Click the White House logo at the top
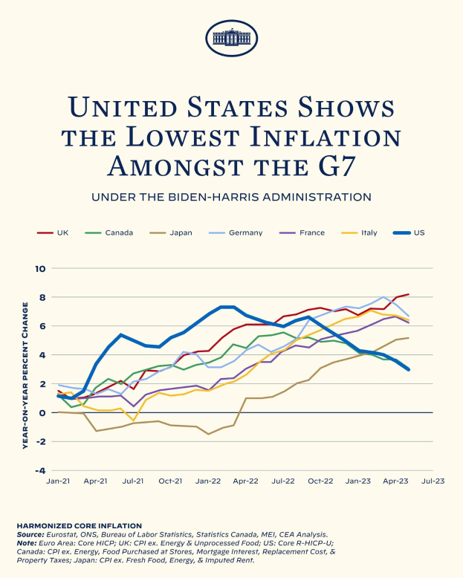tap(231, 37)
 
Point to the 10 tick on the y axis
tap(40, 269)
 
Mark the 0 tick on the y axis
tap(42, 413)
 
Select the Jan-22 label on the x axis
tap(207, 481)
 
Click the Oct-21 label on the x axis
tap(169, 481)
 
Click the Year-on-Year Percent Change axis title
tap(25, 369)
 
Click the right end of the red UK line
tap(408, 294)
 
